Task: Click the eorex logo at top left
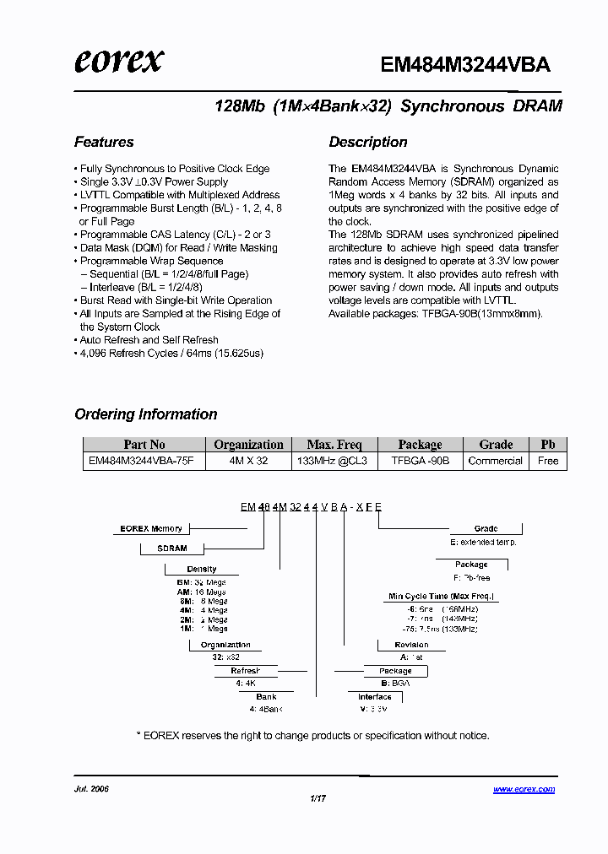[119, 61]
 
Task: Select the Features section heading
[104, 142]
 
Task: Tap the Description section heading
[368, 142]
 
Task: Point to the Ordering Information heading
[146, 414]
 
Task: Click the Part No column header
[144, 445]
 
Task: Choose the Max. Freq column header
[334, 445]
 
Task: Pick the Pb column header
[548, 445]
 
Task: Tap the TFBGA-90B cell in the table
[420, 461]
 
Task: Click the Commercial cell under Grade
[496, 461]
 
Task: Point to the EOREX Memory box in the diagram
[151, 529]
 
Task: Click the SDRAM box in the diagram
[172, 549]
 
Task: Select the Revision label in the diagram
[411, 645]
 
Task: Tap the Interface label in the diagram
[374, 697]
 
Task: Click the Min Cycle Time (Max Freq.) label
[441, 597]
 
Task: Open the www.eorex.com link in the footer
[524, 789]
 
